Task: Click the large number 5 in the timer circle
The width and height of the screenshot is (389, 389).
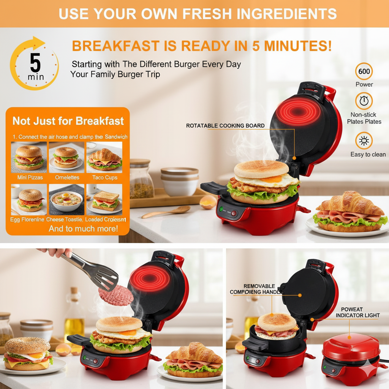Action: click(35, 63)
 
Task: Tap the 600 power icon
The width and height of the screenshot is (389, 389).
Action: click(364, 71)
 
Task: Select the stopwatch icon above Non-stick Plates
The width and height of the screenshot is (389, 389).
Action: click(364, 101)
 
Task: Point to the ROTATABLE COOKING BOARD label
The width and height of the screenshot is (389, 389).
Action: click(225, 126)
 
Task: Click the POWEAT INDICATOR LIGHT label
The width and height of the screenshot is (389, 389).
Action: click(357, 312)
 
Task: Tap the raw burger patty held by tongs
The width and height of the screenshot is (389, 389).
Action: click(116, 295)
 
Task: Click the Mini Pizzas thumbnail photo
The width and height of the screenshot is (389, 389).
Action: click(29, 157)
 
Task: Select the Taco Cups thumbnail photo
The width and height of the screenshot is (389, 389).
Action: click(104, 157)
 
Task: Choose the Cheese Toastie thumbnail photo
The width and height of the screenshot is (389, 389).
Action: click(66, 199)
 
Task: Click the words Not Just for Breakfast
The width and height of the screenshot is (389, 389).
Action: click(68, 121)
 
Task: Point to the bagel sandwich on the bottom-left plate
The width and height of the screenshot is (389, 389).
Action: click(27, 353)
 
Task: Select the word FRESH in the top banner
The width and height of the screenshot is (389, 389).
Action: click(207, 14)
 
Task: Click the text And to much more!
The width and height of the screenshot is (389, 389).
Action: click(83, 229)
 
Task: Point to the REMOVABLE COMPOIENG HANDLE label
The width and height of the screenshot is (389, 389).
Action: click(255, 289)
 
